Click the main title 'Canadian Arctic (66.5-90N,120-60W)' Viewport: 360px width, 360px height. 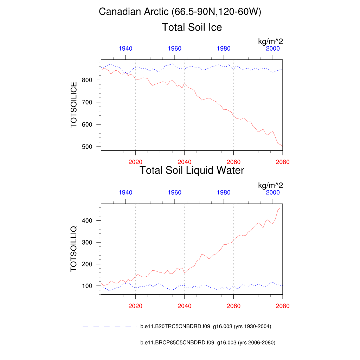pyautogui.click(x=180, y=12)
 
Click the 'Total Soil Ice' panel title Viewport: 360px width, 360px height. pyautogui.click(x=192, y=27)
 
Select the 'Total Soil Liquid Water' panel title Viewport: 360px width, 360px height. pyautogui.click(x=192, y=171)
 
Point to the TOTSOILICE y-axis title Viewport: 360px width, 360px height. pyautogui.click(x=74, y=105)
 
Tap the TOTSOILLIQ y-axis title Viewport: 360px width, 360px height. pyautogui.click(x=74, y=249)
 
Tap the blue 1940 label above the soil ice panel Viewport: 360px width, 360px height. pyautogui.click(x=126, y=49)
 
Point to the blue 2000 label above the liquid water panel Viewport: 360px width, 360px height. pyautogui.click(x=273, y=192)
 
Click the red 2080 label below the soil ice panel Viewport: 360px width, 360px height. pyautogui.click(x=283, y=162)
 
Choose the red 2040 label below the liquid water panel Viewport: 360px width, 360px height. pyautogui.click(x=184, y=306)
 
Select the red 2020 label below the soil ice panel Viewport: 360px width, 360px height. pyautogui.click(x=135, y=162)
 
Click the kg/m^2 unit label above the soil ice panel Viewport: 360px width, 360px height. pyautogui.click(x=270, y=42)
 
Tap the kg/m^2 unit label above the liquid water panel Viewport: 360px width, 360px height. pyautogui.click(x=270, y=186)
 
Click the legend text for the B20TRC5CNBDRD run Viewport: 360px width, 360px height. pyautogui.click(x=206, y=327)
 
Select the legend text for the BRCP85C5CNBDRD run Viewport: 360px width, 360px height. pyautogui.click(x=207, y=342)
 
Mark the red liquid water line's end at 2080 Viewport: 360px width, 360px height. pyautogui.click(x=282, y=208)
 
